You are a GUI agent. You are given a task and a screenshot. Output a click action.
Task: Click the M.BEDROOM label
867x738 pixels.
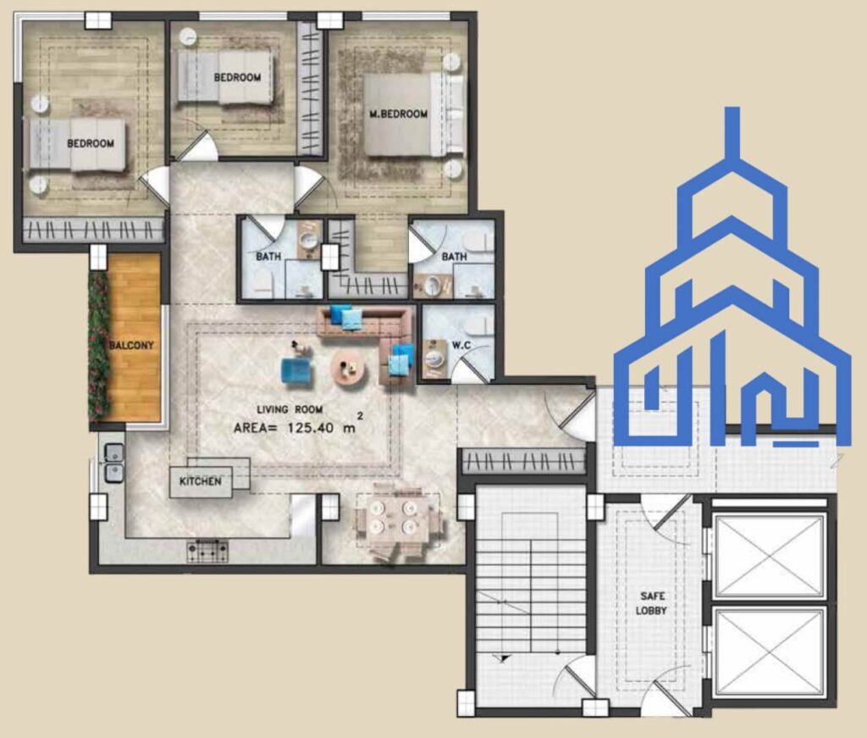(398, 114)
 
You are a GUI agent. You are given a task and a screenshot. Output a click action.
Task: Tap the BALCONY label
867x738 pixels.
(131, 345)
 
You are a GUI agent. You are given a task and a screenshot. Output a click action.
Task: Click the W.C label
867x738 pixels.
(461, 345)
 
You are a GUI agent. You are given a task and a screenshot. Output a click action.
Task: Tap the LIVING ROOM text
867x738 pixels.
(290, 409)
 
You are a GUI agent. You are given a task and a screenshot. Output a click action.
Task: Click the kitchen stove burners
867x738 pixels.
(207, 551)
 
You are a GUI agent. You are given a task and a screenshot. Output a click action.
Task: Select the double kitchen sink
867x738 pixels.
(114, 463)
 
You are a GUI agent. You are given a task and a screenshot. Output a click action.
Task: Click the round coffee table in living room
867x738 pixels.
(349, 368)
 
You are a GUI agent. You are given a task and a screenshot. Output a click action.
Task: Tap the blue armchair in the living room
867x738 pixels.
(295, 370)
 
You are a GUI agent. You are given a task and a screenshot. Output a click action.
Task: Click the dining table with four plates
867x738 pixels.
(394, 517)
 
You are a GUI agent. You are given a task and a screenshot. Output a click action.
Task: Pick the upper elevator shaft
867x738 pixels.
(770, 556)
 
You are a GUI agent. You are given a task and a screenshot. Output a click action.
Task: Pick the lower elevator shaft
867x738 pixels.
(770, 651)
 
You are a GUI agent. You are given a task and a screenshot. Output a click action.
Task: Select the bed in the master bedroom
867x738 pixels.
(413, 114)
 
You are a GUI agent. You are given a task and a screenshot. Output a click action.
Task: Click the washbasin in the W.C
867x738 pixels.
(435, 357)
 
